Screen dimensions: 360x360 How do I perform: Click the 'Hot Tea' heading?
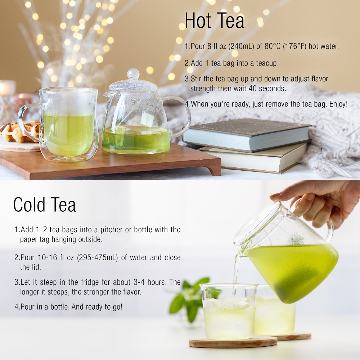tap(215, 21)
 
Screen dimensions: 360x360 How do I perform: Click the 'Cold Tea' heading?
tap(45, 204)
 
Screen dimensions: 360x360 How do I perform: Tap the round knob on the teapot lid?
tap(133, 74)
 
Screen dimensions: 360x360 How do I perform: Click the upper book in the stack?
tap(247, 135)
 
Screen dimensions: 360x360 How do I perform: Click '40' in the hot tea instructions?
tap(253, 89)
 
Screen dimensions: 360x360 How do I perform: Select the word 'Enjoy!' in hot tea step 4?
tap(338, 104)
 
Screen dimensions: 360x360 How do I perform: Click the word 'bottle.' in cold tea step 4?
tap(60, 307)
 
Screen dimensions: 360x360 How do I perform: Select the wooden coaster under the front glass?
tap(233, 342)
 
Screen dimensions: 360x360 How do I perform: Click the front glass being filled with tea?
tap(229, 312)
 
